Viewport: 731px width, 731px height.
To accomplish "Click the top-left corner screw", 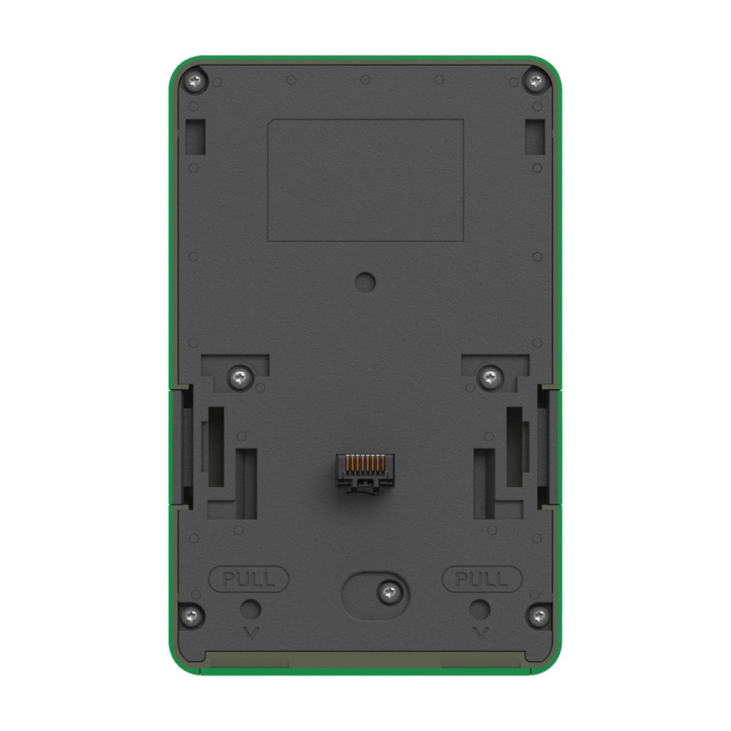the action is pyautogui.click(x=195, y=81).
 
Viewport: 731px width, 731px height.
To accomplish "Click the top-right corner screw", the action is pyautogui.click(x=535, y=80).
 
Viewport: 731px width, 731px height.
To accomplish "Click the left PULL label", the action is pyautogui.click(x=249, y=579).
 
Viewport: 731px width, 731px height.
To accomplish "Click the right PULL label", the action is pyautogui.click(x=482, y=579).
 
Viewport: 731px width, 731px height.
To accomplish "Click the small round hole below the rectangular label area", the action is pyautogui.click(x=365, y=282).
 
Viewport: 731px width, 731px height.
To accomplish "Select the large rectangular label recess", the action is pyautogui.click(x=365, y=180).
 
